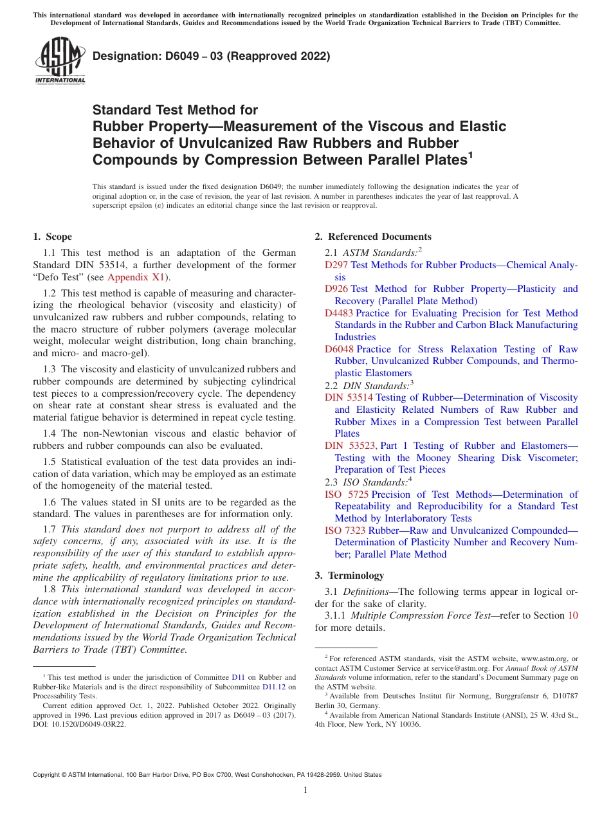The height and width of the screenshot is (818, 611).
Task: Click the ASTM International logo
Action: (60, 61)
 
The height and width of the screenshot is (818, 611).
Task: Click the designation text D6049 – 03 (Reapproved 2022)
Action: (211, 56)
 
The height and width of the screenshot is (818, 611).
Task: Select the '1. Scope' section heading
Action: (53, 237)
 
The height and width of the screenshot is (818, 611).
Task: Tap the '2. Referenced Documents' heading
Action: (373, 237)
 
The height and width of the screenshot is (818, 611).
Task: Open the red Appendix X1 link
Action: (136, 277)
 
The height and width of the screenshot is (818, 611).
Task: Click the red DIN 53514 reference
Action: (349, 397)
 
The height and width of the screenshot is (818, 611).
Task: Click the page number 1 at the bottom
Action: (305, 790)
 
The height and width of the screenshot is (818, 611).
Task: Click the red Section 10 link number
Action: (572, 615)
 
